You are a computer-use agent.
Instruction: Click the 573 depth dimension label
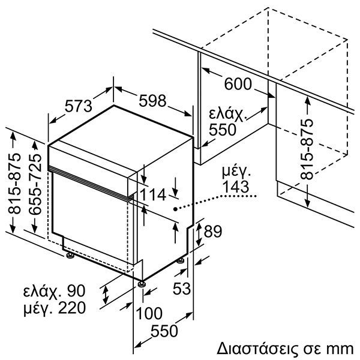78,106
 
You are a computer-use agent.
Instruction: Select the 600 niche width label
238,85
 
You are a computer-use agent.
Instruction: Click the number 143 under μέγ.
235,187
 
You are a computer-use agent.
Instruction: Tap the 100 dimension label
149,313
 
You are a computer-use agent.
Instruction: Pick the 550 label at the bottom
164,331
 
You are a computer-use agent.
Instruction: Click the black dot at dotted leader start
175,209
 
